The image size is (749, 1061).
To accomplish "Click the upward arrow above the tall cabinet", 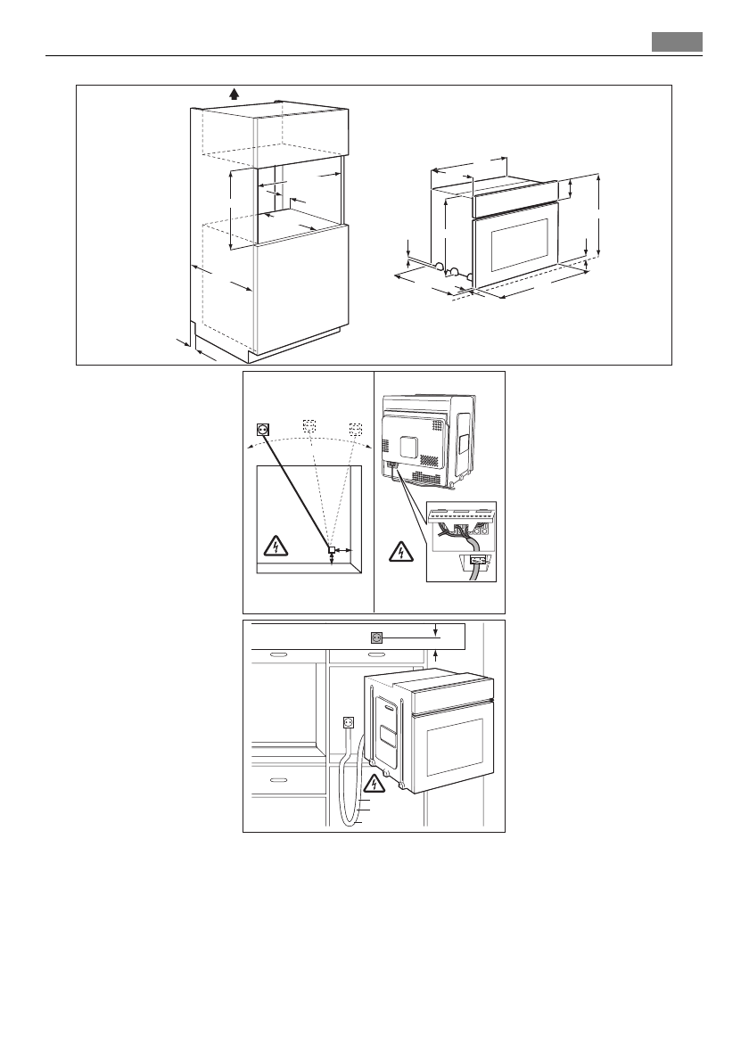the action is pyautogui.click(x=235, y=94).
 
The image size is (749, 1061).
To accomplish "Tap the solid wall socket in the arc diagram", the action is pyautogui.click(x=262, y=429).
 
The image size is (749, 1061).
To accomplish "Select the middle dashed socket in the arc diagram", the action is pyautogui.click(x=309, y=425).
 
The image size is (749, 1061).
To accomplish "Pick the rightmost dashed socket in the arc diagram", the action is pyautogui.click(x=357, y=428).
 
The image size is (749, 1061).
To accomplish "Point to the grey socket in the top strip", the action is pyautogui.click(x=377, y=637).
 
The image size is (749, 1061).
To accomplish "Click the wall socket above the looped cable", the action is pyautogui.click(x=350, y=724).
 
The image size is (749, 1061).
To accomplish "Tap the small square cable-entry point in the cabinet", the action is pyautogui.click(x=331, y=550).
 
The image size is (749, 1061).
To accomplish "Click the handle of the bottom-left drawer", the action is pyautogui.click(x=277, y=778).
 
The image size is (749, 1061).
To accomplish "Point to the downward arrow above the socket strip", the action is pyautogui.click(x=436, y=630).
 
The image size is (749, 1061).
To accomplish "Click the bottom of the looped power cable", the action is pyautogui.click(x=349, y=824).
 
